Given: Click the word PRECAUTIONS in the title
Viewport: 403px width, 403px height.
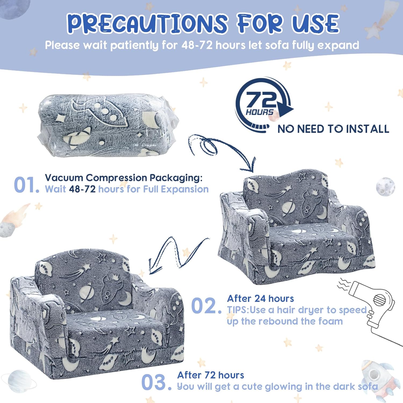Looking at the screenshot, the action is pos(147,23).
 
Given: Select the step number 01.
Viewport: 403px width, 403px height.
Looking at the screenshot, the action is pos(26,185).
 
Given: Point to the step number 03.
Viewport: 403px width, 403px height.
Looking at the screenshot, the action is pos(156,382).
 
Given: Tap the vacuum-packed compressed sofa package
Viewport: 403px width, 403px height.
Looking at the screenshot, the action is pos(108,125).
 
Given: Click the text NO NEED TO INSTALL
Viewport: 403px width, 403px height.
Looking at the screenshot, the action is pos(333,129).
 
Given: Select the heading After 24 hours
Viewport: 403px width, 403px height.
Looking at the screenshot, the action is pos(260,298).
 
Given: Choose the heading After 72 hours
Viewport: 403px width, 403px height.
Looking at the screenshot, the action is pos(211,375).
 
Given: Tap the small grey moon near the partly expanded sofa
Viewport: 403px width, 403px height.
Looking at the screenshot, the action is pos(386,186).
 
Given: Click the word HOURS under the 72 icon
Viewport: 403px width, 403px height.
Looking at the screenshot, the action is pos(260,112).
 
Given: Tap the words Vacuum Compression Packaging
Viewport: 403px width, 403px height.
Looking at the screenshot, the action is pos(124,178).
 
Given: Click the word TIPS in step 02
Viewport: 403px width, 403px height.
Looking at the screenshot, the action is pos(238,310).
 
